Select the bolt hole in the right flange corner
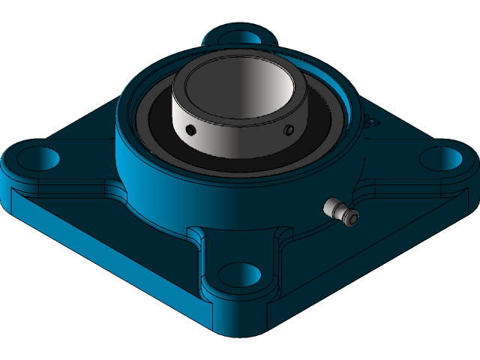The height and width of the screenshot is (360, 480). coord(440,158)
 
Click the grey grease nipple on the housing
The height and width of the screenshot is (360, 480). coord(340,211)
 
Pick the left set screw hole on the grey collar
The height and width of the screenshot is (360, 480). coord(190,130)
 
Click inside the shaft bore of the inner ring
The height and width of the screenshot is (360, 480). coord(236,90)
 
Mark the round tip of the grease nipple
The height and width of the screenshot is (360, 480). coord(351,218)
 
